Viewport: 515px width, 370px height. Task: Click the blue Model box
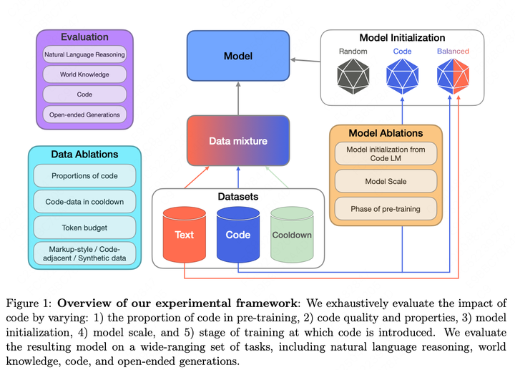coord(237,56)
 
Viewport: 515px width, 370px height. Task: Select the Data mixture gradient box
coord(237,141)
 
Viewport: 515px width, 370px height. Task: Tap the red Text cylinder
coord(185,234)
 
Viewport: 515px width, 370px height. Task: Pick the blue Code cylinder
coord(237,234)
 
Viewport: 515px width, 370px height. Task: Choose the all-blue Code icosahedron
coord(402,75)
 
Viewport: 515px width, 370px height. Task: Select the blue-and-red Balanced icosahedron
coord(452,75)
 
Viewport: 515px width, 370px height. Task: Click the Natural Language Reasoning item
coord(84,54)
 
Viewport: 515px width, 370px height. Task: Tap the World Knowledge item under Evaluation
coord(84,74)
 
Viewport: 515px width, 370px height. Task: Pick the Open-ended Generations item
coord(84,114)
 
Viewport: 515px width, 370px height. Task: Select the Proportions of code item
coord(84,176)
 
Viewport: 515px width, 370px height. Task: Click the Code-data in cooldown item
coord(84,202)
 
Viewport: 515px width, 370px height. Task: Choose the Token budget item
coord(84,228)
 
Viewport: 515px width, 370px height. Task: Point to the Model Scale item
coord(386,181)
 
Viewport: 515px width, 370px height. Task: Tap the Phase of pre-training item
coord(386,209)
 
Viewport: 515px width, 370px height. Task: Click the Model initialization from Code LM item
coord(386,153)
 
